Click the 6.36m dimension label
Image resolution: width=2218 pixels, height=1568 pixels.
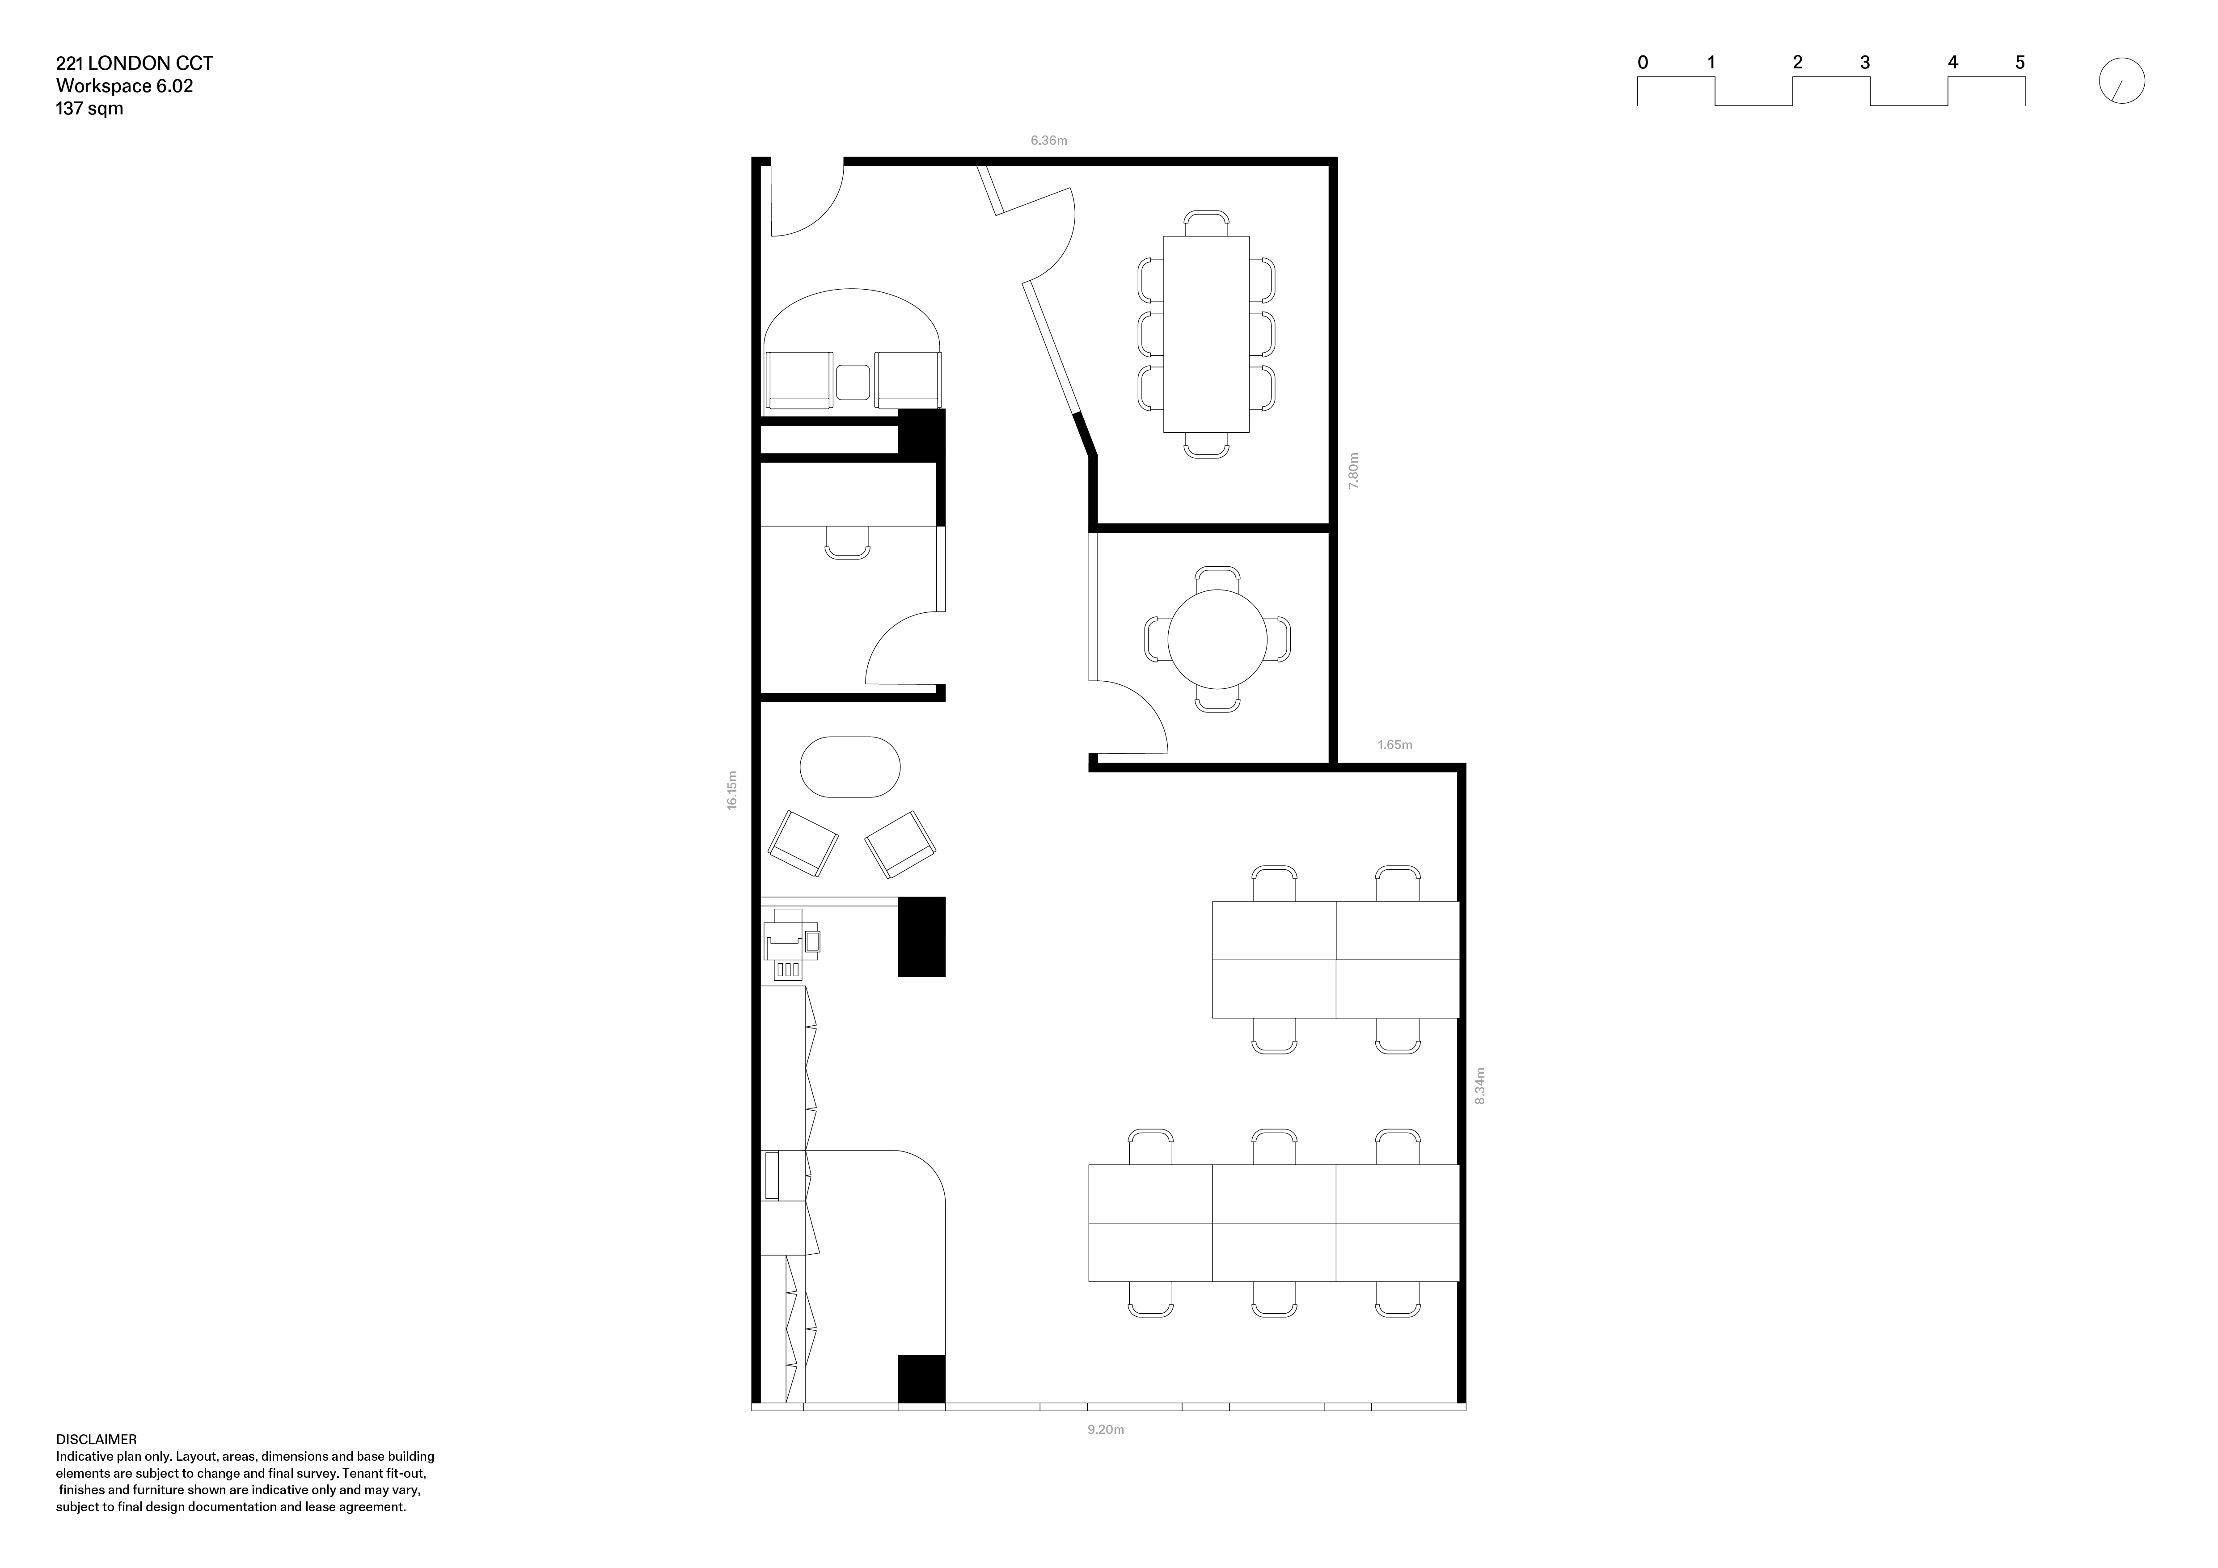pos(1048,141)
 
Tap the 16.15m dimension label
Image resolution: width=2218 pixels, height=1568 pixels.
pos(732,790)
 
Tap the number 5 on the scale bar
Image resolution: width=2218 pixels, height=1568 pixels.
pos(2020,63)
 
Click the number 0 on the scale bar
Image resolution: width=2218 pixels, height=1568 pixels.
pos(1642,63)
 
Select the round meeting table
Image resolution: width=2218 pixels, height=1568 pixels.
pos(1217,639)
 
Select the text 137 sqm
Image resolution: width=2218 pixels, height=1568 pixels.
pos(90,108)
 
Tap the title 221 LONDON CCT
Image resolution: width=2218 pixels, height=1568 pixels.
pos(134,64)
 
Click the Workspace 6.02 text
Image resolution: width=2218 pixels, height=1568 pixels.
pos(125,86)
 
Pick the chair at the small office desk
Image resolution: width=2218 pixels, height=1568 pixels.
pos(847,543)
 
